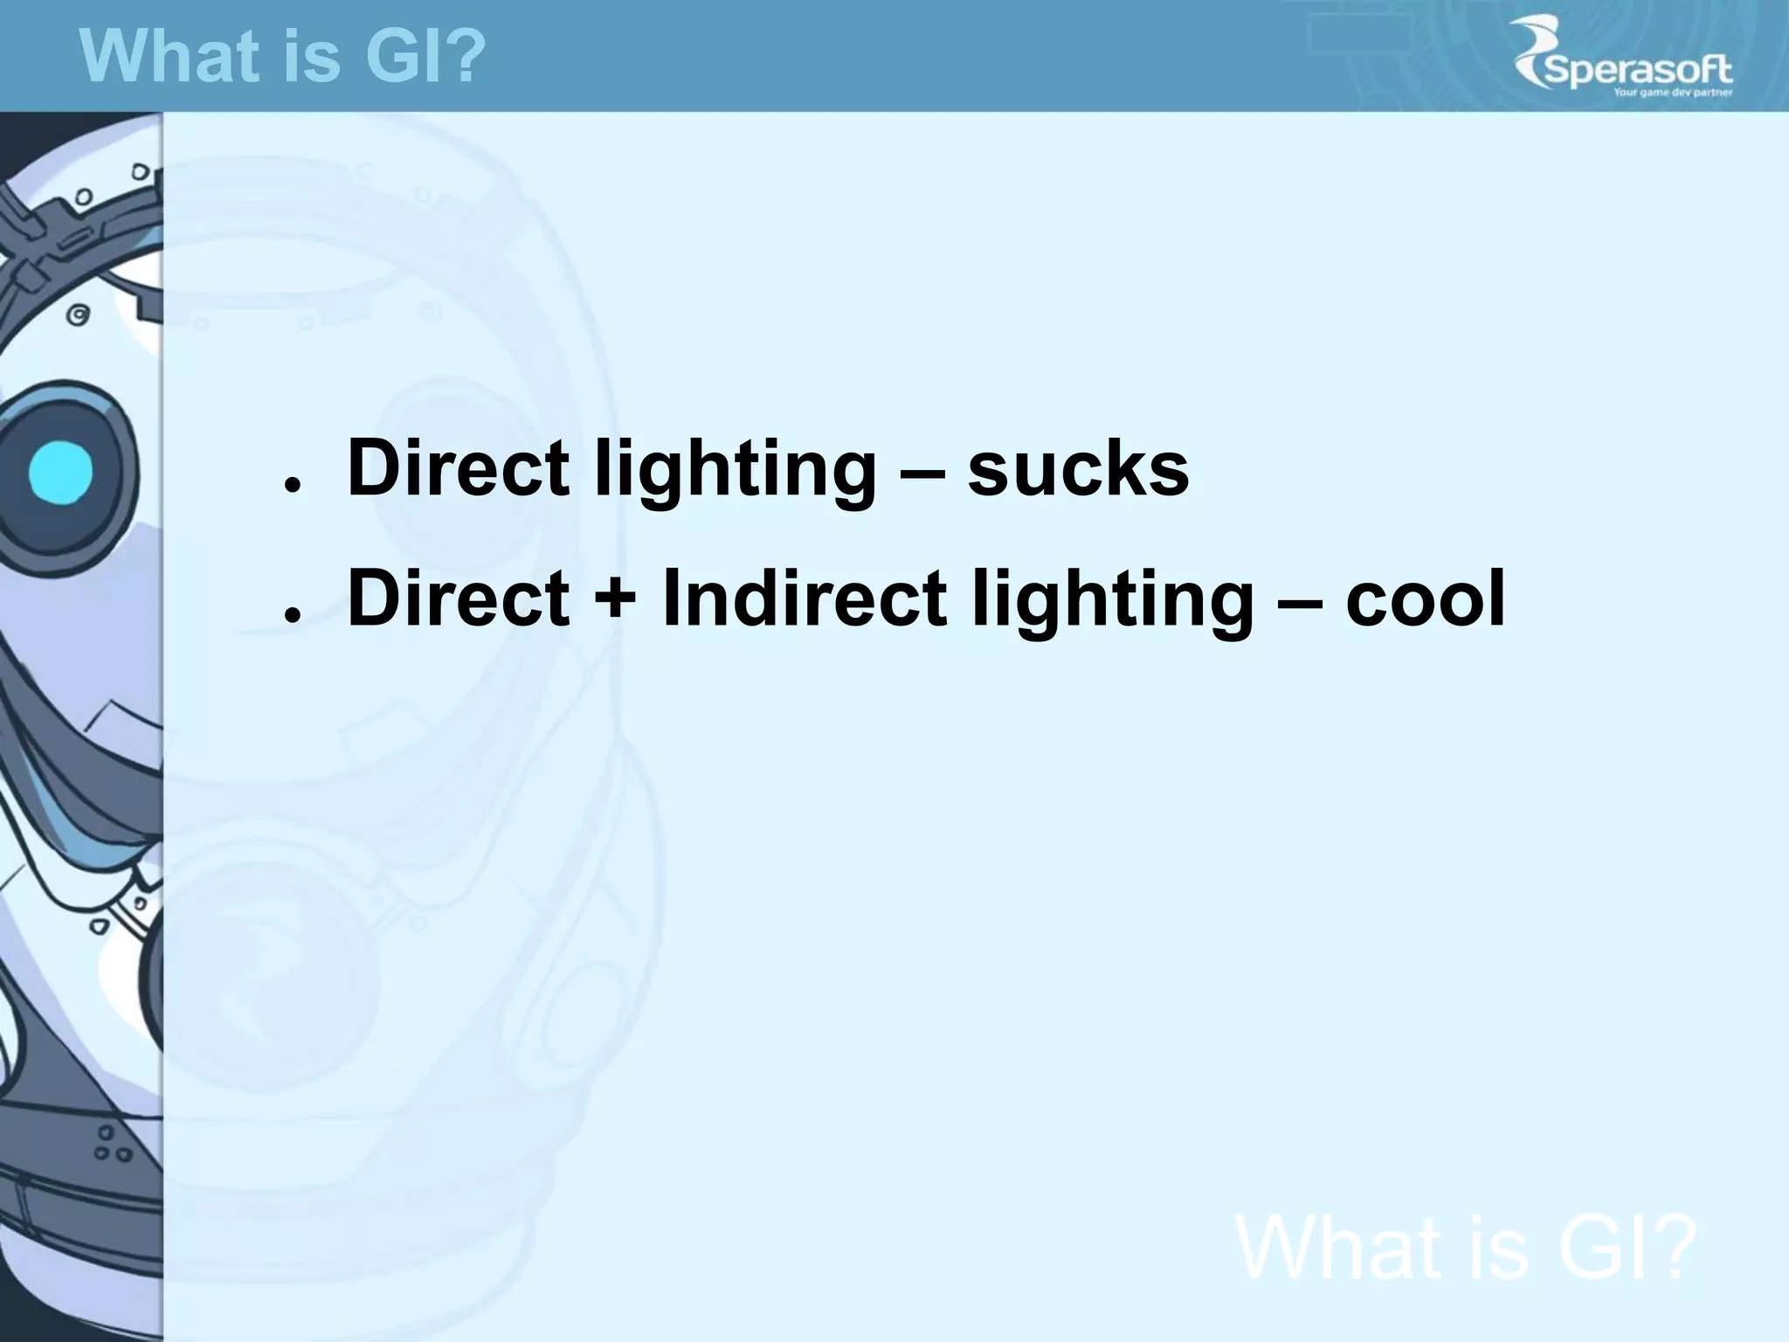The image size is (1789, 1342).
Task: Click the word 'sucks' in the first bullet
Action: coord(1078,469)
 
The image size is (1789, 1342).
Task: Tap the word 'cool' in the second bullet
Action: coord(1426,599)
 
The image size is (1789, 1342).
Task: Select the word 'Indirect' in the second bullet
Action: coord(804,599)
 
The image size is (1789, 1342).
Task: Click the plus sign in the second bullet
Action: coord(616,601)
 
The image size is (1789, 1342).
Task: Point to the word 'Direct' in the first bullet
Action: coord(458,469)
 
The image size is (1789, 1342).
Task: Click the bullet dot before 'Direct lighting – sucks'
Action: coord(293,483)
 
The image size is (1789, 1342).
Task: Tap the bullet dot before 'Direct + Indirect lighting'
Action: coord(293,614)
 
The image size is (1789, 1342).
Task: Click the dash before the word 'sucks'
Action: coord(922,472)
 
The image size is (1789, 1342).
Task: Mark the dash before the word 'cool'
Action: coord(1301,603)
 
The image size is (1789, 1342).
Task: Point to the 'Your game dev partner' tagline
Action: coord(1672,92)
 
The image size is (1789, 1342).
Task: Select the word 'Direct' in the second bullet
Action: coord(458,599)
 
